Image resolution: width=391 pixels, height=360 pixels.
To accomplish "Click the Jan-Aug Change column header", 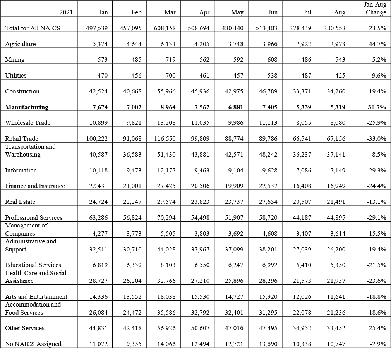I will (x=376, y=9).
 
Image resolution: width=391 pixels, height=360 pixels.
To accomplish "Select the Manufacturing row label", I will (x=27, y=107).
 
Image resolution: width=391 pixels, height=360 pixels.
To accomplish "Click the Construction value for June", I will (x=268, y=91).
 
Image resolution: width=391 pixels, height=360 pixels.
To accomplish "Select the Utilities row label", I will (x=16, y=75).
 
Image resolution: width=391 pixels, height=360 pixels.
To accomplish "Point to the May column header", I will (x=237, y=12).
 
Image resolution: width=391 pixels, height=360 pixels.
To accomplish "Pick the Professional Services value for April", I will (x=201, y=217).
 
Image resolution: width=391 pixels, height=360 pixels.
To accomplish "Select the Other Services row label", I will (x=25, y=328).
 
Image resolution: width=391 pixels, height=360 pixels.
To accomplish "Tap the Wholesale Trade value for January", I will (x=98, y=122).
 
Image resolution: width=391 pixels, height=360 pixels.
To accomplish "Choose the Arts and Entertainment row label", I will (x=36, y=296).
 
